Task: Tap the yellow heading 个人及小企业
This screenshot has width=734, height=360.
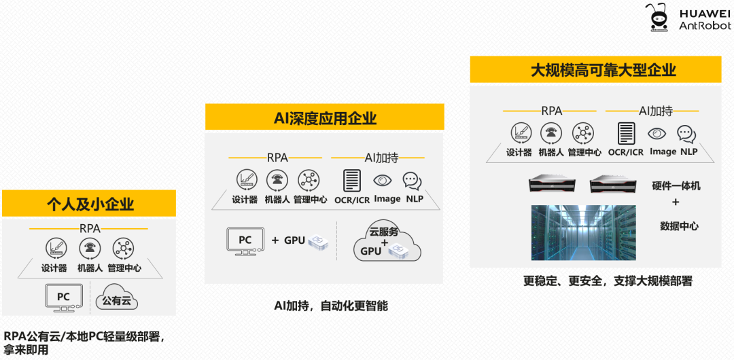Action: tap(90, 204)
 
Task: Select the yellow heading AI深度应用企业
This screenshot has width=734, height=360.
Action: tap(325, 118)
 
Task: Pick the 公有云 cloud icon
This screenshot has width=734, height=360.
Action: tap(118, 299)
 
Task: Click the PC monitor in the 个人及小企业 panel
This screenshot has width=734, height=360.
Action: tap(63, 298)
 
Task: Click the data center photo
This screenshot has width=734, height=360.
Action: tap(584, 232)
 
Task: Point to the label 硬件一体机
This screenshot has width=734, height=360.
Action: tap(676, 185)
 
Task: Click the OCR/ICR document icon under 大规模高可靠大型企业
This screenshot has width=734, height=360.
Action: tap(626, 133)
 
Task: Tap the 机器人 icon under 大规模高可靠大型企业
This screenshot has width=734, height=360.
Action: tap(551, 133)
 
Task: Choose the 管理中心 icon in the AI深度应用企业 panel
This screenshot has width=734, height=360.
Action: tap(309, 180)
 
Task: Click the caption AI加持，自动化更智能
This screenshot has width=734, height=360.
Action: tap(330, 306)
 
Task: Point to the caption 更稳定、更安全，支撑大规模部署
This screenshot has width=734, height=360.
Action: tap(607, 281)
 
